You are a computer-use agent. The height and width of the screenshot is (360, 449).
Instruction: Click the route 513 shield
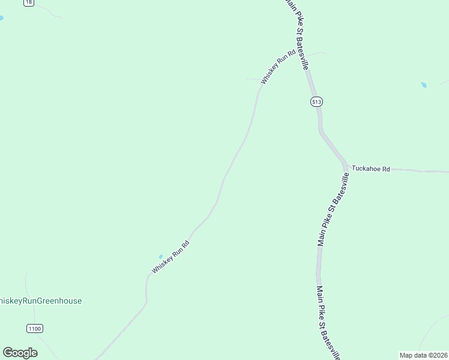point(317,102)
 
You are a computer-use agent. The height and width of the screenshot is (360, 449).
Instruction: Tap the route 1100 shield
point(35,328)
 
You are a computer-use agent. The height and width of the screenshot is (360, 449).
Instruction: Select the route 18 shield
point(28,2)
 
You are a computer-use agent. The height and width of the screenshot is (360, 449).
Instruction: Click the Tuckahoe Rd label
point(371,169)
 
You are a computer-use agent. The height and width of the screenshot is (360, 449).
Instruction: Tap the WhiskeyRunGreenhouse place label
point(40,301)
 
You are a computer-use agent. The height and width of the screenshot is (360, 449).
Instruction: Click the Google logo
point(20,353)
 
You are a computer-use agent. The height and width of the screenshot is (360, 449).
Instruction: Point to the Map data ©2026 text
point(424,355)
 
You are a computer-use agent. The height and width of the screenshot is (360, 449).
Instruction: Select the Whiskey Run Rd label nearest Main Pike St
point(279,67)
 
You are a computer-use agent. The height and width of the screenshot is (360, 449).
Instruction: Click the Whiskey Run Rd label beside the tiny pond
point(170,257)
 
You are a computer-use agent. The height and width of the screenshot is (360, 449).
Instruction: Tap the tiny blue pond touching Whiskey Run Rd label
point(160,257)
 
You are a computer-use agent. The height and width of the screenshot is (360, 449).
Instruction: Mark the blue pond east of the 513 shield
point(424,85)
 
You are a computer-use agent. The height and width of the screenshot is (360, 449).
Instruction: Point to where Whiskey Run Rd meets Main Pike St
point(300,52)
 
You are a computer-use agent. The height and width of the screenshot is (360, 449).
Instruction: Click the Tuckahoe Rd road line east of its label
point(420,170)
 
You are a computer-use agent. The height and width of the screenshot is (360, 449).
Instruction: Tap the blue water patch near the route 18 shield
point(1,19)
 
